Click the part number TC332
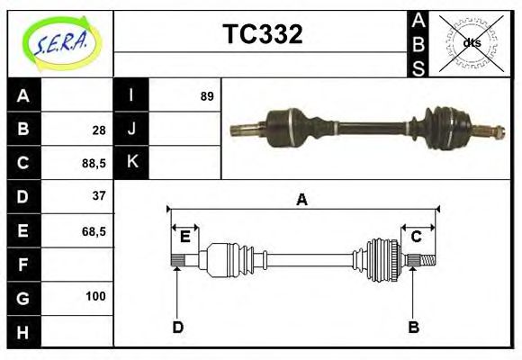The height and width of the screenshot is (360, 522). [262, 34]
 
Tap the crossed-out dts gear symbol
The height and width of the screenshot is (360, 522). [471, 42]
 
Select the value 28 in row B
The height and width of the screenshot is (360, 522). [99, 130]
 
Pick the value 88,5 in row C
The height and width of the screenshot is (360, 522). [94, 163]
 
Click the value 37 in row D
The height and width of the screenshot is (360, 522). [99, 195]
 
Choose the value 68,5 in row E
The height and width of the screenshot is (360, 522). [94, 230]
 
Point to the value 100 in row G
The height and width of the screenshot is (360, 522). [95, 296]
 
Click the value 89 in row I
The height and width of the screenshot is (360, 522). [207, 95]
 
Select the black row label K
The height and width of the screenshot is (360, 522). [131, 162]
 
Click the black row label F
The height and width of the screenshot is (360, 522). [23, 265]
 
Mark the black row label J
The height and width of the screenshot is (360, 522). [131, 129]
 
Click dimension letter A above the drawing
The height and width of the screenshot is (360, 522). [302, 200]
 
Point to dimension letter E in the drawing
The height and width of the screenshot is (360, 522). [184, 237]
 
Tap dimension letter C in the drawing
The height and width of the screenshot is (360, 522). [417, 237]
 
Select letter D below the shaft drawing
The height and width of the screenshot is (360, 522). [177, 327]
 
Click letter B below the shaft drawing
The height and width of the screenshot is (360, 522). [413, 327]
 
